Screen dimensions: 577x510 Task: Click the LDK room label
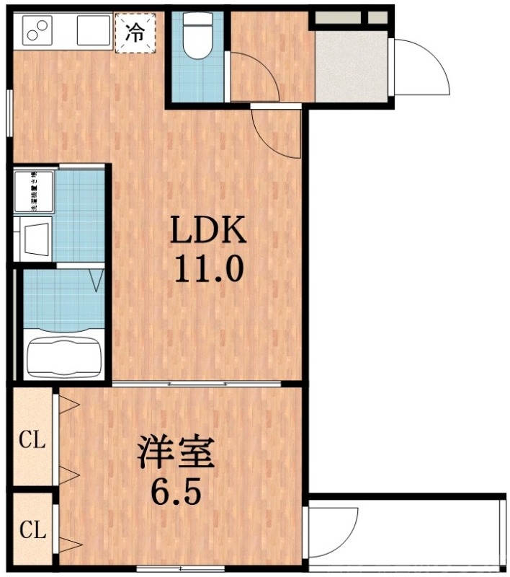209,231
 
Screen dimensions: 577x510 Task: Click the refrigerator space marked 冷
135,31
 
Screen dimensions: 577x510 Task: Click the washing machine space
33,191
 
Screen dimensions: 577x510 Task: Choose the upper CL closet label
32,439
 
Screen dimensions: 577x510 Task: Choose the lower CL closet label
32,532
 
